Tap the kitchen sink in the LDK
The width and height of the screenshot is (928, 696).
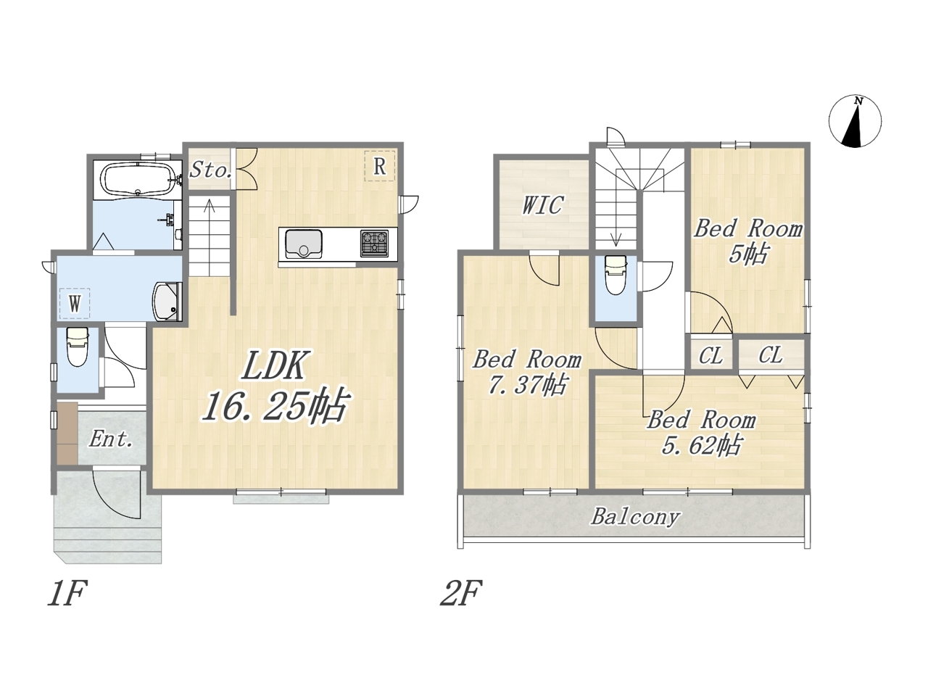pos(304,244)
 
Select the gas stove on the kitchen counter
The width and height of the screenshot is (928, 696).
pos(374,243)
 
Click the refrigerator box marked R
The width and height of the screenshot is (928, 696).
pos(380,167)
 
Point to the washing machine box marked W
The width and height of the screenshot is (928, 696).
pos(75,303)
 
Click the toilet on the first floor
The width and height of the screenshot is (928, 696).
pos(77,347)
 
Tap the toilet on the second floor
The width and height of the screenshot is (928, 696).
pos(616,275)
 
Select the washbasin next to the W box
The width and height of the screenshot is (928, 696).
pos(167,302)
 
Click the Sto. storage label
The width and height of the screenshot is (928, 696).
pos(210,170)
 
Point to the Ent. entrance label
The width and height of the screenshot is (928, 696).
pos(111,440)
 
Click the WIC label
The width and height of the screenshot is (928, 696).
pos(542,205)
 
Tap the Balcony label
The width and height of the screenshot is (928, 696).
pos(635,517)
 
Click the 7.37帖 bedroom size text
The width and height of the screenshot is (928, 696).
pos(527,385)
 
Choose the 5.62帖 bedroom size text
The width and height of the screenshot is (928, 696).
pos(701,445)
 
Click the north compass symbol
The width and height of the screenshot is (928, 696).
pos(855,121)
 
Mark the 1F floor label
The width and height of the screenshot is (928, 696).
pos(67,593)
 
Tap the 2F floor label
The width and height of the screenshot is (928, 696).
pos(460,593)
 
